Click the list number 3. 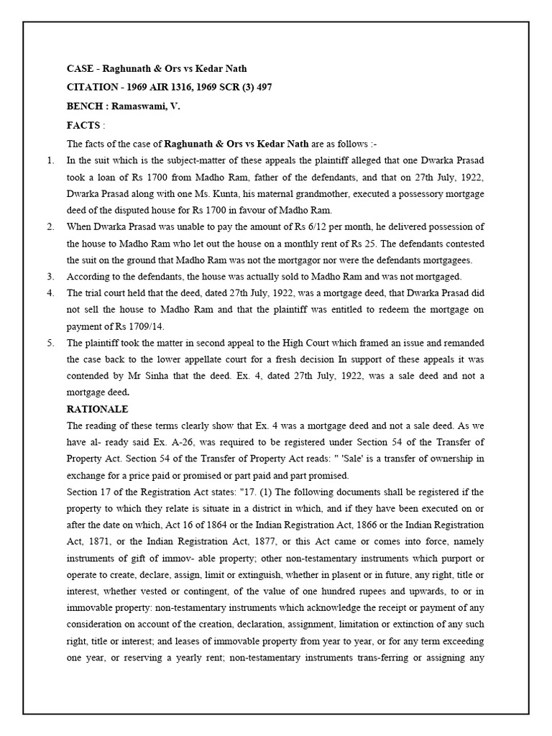click(x=50, y=276)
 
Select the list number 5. click(x=50, y=342)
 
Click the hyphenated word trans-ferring click(x=376, y=657)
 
